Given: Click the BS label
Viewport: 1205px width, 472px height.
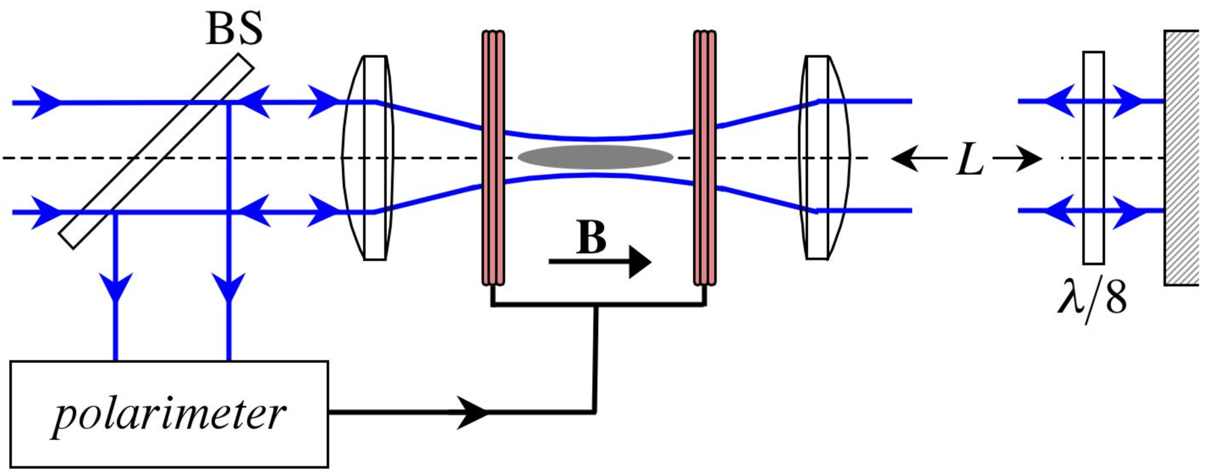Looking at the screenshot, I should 235,29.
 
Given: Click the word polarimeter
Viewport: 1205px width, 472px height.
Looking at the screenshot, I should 169,415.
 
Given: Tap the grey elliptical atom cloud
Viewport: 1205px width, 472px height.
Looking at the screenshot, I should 595,157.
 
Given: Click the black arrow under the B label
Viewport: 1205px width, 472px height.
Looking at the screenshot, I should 600,262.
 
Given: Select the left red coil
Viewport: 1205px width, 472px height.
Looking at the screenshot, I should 493,158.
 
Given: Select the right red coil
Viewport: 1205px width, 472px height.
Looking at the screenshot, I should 704,158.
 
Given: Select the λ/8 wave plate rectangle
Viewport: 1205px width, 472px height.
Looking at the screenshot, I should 1093,157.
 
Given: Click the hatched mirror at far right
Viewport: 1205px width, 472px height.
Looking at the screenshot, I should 1181,157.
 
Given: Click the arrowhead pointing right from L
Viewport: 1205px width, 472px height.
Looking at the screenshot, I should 1030,159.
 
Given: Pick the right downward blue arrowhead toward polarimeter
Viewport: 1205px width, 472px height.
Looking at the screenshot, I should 228,287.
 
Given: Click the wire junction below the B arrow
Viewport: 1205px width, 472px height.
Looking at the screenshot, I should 596,306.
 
